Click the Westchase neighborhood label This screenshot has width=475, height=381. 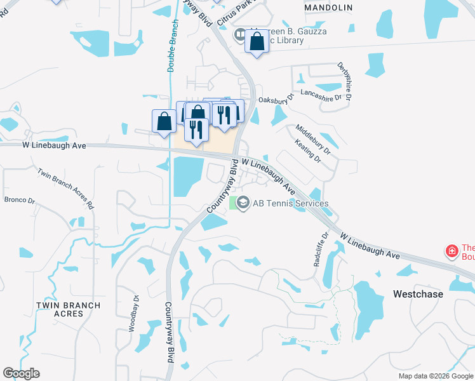coord(417,295)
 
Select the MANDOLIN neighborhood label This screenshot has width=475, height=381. coord(328,8)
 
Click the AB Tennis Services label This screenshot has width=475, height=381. coord(291,203)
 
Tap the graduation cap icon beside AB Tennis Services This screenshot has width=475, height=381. coord(242,203)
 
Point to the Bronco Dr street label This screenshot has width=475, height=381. coord(20,200)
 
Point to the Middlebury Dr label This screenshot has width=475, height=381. coord(313,140)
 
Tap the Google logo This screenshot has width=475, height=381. coord(21,373)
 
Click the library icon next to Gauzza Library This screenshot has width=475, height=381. coord(239,35)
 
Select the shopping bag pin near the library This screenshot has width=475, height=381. coord(257,43)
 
